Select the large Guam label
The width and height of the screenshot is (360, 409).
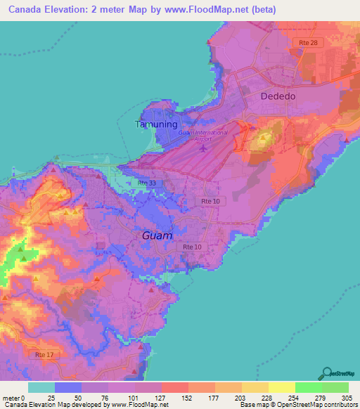(x=157, y=235)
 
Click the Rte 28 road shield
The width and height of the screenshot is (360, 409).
(x=303, y=44)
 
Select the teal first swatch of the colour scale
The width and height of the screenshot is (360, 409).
(x=41, y=387)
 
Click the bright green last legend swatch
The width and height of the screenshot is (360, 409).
(x=335, y=387)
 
